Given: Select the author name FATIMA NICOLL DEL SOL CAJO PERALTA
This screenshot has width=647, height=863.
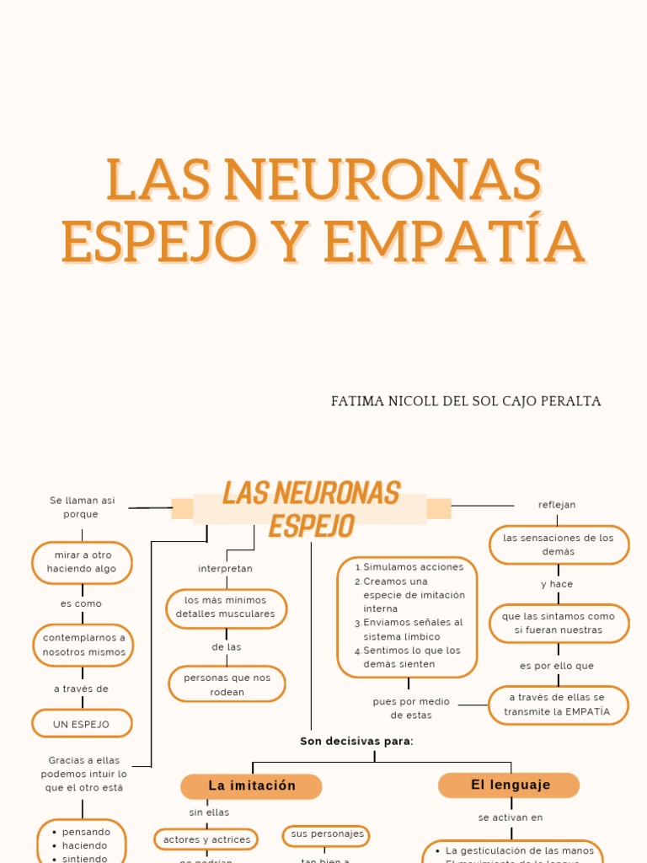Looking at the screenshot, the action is click(x=466, y=401).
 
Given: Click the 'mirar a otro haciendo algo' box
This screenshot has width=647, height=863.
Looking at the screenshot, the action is click(x=82, y=562).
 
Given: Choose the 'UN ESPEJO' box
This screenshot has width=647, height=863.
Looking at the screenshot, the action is click(x=82, y=724).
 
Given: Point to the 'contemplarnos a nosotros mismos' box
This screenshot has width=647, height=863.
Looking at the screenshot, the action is click(x=83, y=645).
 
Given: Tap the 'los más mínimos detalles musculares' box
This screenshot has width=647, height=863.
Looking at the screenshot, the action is click(x=226, y=608).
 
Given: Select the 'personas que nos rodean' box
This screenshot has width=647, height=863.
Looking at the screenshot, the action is click(x=227, y=684).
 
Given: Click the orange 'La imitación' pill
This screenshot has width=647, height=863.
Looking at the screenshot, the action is click(x=251, y=786).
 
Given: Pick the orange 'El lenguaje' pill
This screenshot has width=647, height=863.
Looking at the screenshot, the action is click(x=510, y=785).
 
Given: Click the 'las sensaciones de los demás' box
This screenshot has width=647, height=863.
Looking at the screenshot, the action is click(x=559, y=544).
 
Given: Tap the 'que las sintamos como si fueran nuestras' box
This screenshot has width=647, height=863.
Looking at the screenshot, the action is click(x=559, y=623).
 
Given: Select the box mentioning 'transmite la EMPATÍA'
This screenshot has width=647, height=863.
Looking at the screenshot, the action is click(x=558, y=705).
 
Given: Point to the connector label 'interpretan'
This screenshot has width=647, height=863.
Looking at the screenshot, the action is click(x=225, y=569).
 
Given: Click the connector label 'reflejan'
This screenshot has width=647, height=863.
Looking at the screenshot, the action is click(x=557, y=505).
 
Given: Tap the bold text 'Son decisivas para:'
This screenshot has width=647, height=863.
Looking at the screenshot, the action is click(x=356, y=742).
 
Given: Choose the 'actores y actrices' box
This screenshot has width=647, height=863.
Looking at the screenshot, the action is click(x=206, y=839).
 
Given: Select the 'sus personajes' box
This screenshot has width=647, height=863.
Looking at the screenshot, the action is click(x=327, y=834).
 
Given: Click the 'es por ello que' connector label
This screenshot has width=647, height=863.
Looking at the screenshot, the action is click(x=557, y=666).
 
